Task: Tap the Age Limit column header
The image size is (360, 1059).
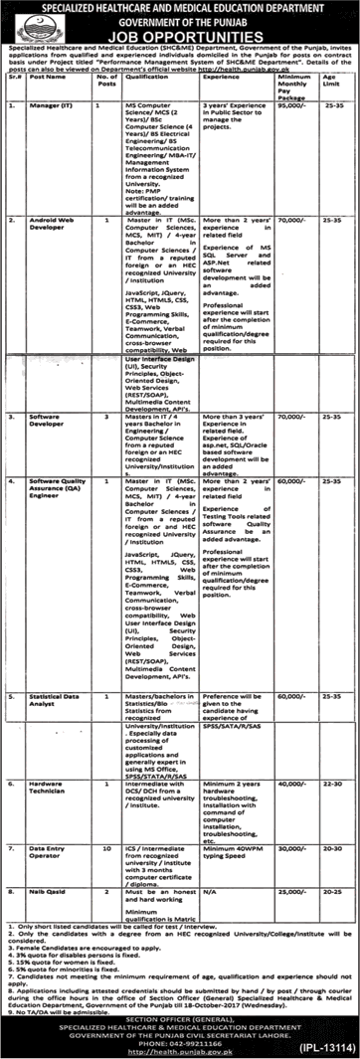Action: (x=336, y=84)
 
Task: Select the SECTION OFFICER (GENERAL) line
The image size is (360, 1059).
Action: (x=179, y=1009)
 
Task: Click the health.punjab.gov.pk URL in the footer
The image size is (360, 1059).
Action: (x=179, y=1044)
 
